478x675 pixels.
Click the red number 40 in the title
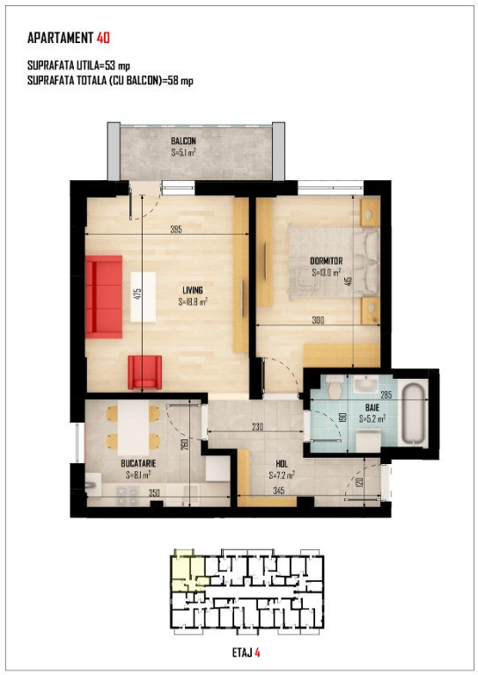[104, 38]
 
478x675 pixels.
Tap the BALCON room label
[184, 142]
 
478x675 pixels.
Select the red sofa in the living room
[104, 296]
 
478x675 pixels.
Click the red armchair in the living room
[145, 372]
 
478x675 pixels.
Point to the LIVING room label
[193, 290]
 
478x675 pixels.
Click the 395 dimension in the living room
[176, 229]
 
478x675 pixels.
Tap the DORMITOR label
[327, 261]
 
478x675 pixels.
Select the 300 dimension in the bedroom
[318, 320]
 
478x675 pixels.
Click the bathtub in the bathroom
[414, 414]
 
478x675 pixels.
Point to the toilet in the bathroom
[335, 387]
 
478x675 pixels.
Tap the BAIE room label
[372, 407]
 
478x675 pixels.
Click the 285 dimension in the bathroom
[386, 395]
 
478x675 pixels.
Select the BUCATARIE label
[138, 464]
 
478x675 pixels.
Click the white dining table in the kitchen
[134, 427]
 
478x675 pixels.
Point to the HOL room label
[282, 464]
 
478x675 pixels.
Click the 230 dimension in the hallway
[257, 427]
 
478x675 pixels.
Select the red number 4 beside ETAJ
[257, 653]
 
